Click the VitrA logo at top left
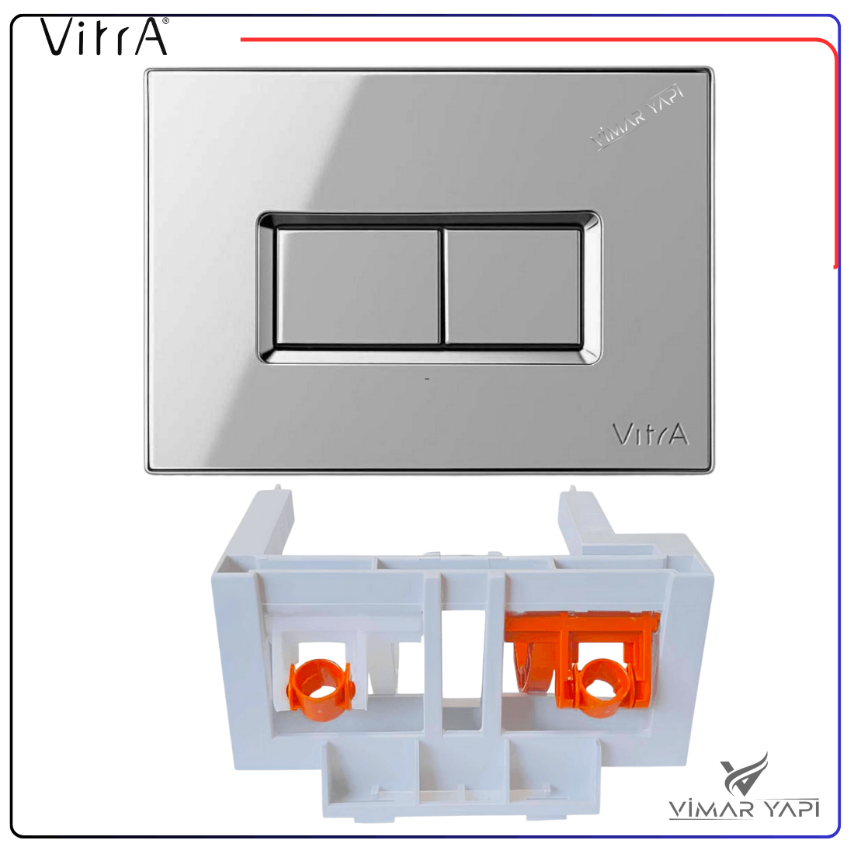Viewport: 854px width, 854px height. (x=104, y=36)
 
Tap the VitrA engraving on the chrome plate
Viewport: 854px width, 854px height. (x=651, y=435)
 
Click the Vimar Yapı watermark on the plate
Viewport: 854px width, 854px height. (x=637, y=116)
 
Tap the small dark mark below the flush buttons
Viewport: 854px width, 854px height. (x=427, y=379)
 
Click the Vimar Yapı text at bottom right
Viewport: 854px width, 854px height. (x=744, y=808)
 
